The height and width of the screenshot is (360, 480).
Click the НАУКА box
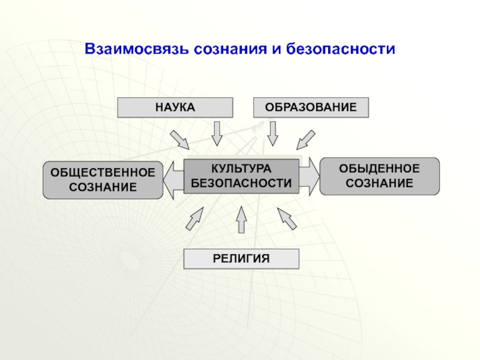(175, 107)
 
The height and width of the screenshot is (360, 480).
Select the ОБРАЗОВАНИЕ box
(311, 107)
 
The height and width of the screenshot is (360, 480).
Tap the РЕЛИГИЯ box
(241, 259)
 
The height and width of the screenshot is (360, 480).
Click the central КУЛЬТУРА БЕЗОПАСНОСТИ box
(241, 176)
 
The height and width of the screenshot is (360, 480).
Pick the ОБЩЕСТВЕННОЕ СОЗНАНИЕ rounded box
(103, 179)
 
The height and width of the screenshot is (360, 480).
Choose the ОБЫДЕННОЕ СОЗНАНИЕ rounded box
(379, 176)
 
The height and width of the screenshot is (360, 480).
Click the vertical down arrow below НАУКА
(217, 133)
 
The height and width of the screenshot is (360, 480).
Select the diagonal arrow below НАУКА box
(180, 139)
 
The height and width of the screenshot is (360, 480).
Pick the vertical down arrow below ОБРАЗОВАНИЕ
(273, 133)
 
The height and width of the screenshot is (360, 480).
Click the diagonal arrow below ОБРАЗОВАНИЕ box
(306, 139)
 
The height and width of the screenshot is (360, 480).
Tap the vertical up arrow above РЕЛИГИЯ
(241, 220)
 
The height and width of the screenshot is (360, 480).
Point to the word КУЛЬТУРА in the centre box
(241, 169)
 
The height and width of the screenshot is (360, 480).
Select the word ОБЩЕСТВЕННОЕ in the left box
(103, 172)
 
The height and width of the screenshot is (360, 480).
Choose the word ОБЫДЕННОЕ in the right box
(379, 169)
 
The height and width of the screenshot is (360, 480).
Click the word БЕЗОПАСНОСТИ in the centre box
(241, 184)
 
